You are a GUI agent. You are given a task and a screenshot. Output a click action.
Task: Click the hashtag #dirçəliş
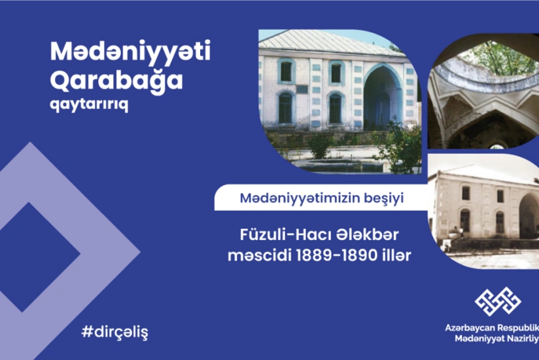pos(114,332)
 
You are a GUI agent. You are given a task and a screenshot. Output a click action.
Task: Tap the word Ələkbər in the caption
pos(361,234)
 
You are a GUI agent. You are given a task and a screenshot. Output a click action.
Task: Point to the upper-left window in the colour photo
pos(286,71)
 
